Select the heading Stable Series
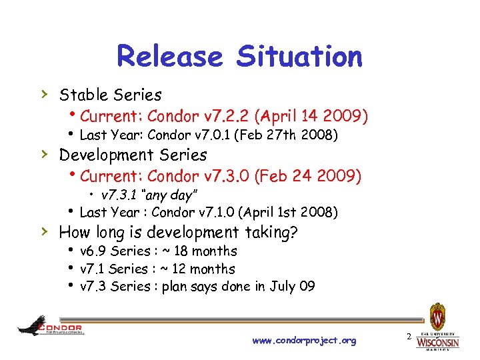pyautogui.click(x=111, y=95)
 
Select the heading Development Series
pyautogui.click(x=133, y=155)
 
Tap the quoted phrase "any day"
pyautogui.click(x=159, y=195)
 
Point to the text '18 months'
pyautogui.click(x=205, y=251)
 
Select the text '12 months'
pyautogui.click(x=203, y=269)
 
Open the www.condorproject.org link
pyautogui.click(x=304, y=341)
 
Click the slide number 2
pyautogui.click(x=406, y=339)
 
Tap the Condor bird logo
pyautogui.click(x=33, y=325)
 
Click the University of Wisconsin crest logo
pyautogui.click(x=438, y=315)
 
